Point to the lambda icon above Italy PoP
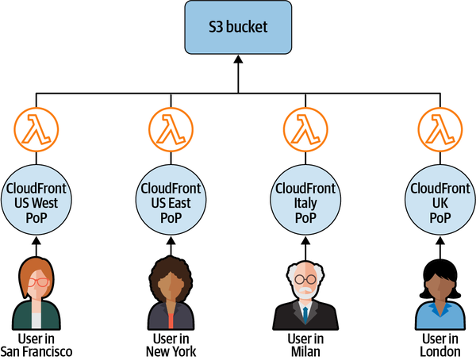coord(306,127)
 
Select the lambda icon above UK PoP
coord(440,127)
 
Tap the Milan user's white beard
coord(305,293)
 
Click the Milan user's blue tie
coord(305,313)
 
